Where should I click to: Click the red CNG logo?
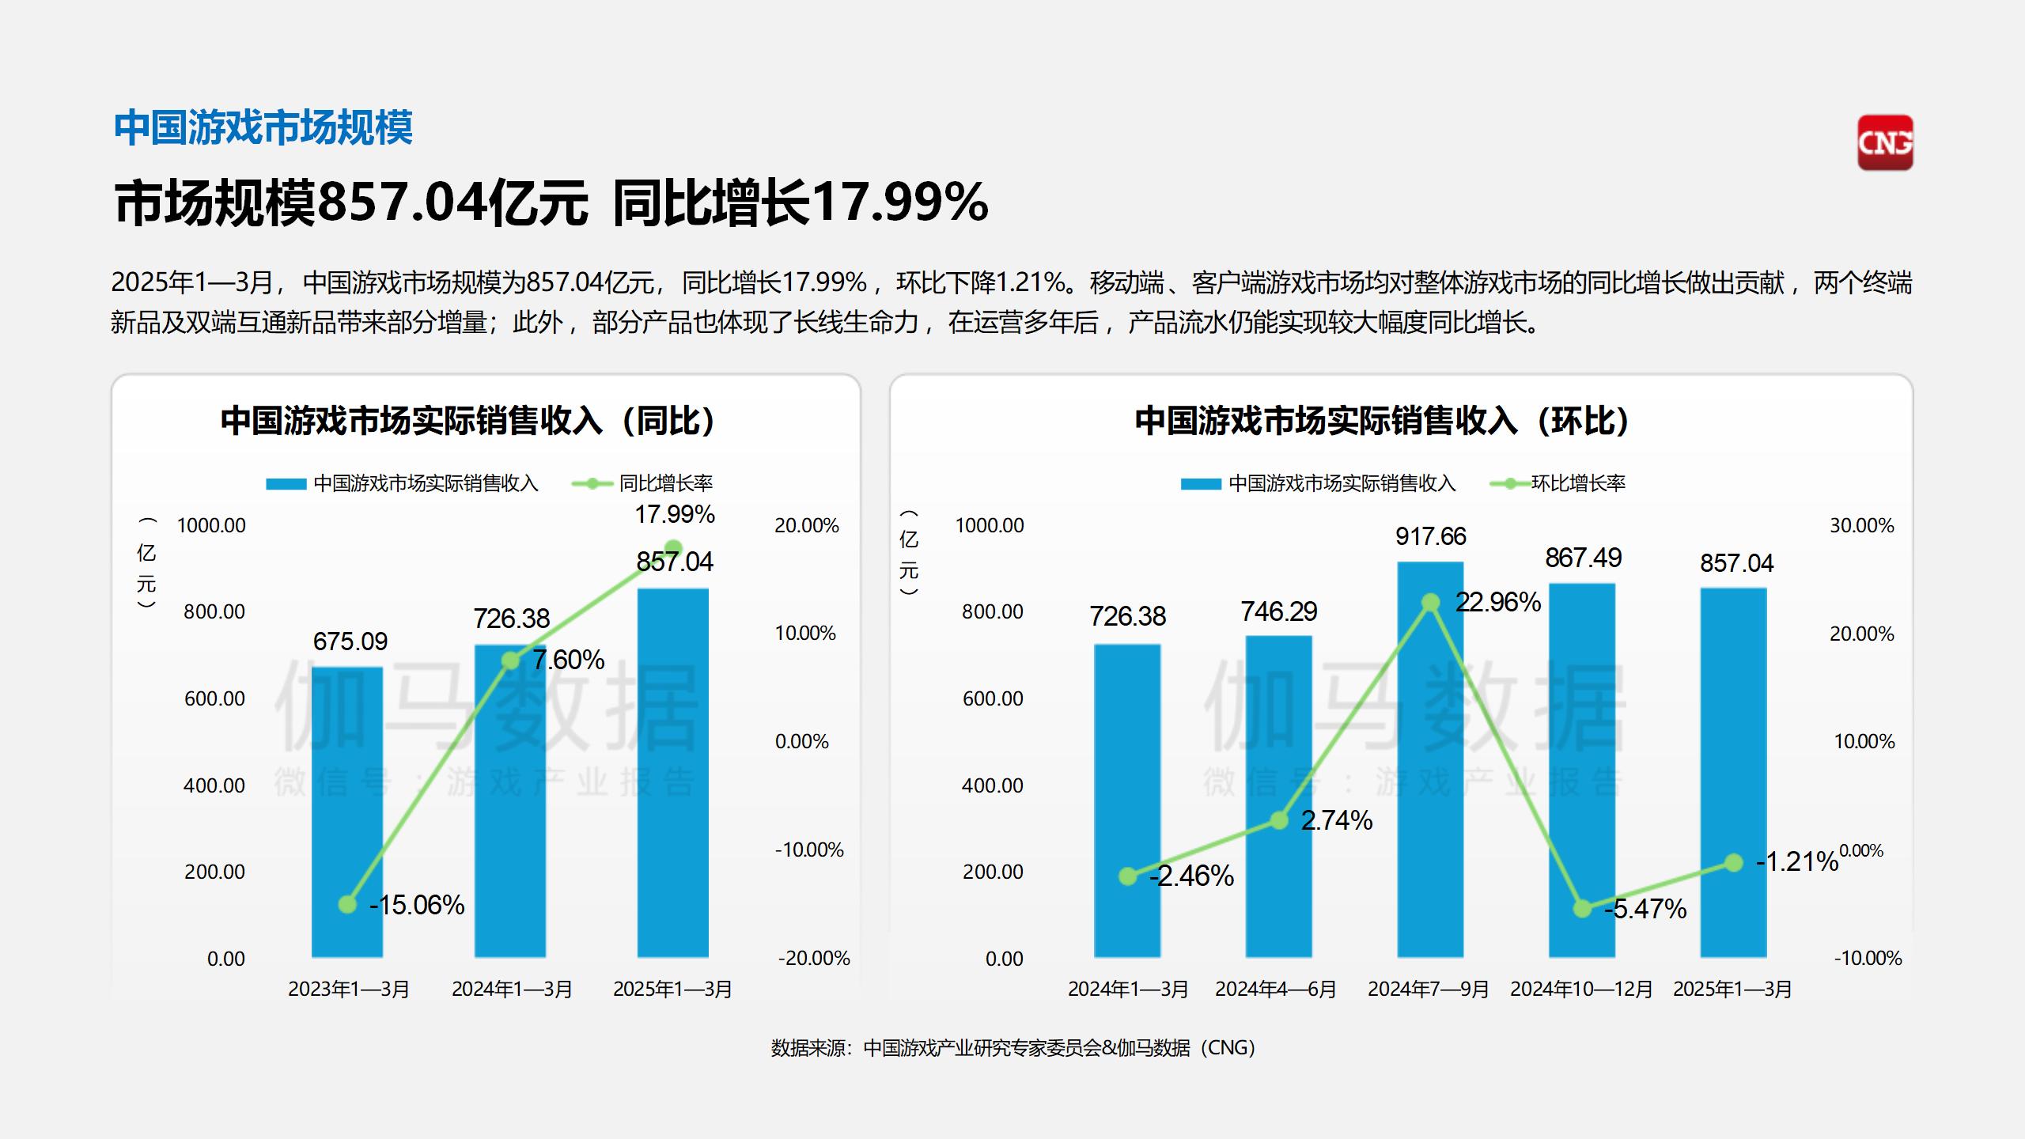1885,142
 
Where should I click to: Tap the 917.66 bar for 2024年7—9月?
1430,759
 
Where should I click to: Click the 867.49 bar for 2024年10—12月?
1582,771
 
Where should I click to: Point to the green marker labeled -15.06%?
347,904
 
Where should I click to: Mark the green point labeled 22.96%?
1430,603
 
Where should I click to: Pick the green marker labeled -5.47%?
1582,909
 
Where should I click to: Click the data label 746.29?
1278,611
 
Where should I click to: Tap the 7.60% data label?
568,660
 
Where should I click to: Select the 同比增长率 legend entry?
642,483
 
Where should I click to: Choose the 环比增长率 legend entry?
1558,483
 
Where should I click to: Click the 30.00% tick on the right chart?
1861,526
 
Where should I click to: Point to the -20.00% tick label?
813,959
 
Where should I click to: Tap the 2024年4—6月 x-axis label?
1275,990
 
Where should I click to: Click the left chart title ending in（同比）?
468,421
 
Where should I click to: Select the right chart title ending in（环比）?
1382,421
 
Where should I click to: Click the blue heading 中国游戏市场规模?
263,128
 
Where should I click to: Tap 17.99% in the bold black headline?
899,202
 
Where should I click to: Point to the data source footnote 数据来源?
1012,1048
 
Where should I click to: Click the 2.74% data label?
1336,820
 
